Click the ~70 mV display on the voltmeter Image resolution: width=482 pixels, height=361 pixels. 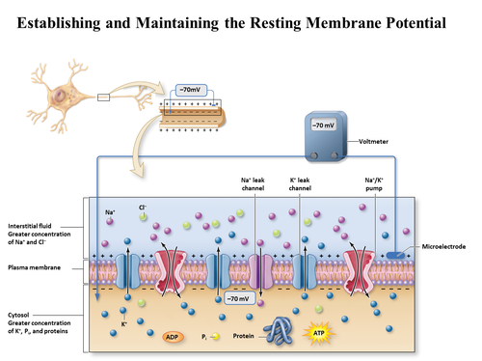(x=322, y=125)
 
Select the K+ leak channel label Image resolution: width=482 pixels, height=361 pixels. (x=301, y=183)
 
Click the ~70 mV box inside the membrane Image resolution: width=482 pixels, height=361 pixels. (x=238, y=299)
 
